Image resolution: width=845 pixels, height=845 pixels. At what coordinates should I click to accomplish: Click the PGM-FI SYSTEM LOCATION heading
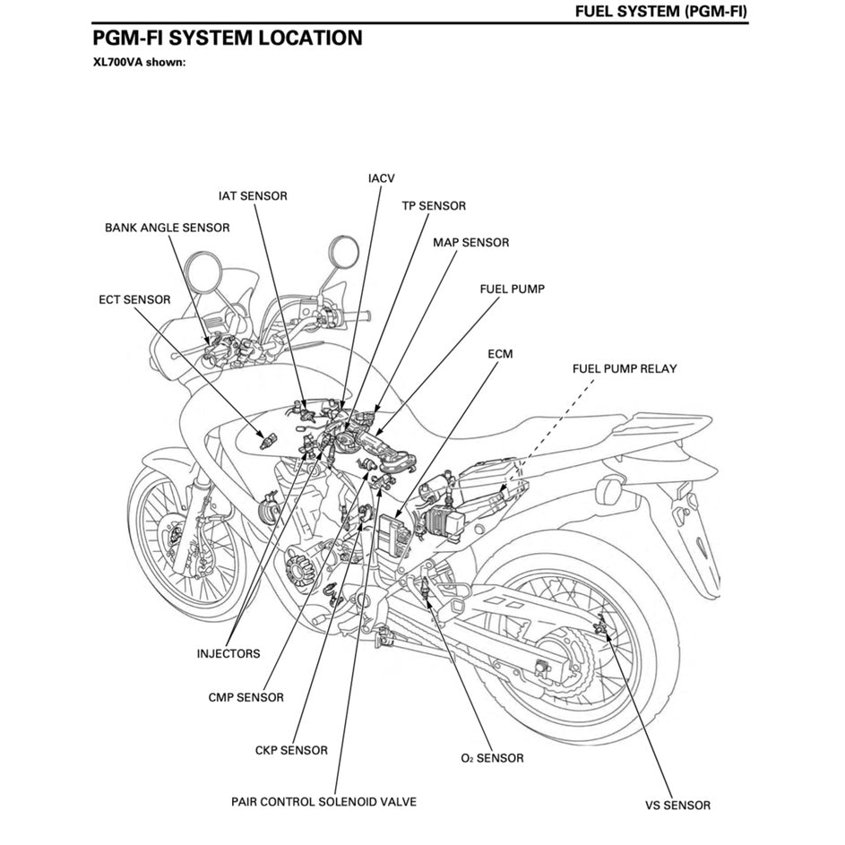[x=228, y=39]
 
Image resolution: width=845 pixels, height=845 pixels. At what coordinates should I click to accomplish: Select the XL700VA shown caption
[x=138, y=63]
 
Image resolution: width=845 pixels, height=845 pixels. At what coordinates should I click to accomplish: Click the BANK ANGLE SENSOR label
[x=167, y=228]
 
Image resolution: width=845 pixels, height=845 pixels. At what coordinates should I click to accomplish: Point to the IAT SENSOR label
[x=253, y=195]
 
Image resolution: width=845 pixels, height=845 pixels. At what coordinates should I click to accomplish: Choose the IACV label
[x=381, y=178]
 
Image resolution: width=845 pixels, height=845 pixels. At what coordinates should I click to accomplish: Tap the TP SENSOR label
[x=433, y=206]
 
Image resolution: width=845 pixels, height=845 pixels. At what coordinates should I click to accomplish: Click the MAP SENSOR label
[x=470, y=243]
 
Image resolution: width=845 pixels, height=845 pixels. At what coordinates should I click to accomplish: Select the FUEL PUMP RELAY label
[x=625, y=368]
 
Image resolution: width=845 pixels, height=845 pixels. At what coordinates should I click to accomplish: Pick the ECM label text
[x=500, y=354]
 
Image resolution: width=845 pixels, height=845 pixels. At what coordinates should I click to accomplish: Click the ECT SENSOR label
[x=134, y=299]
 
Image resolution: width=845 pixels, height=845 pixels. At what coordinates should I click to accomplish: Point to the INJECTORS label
[x=228, y=653]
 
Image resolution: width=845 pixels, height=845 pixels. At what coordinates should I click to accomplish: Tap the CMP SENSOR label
[x=246, y=697]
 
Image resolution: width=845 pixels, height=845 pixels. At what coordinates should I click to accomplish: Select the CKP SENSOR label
[x=291, y=750]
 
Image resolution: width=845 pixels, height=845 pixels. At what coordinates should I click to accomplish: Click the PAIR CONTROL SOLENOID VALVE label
[x=323, y=801]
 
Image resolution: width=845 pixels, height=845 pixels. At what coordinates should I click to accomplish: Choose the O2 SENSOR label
[x=492, y=758]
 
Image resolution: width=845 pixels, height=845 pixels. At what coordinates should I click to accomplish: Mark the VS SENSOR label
[x=677, y=805]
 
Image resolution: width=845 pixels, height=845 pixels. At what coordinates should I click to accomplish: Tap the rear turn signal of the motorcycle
[x=609, y=490]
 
